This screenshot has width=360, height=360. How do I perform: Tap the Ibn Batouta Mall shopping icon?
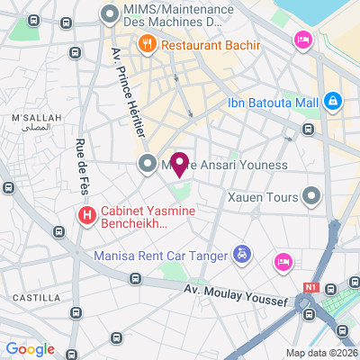tap(333, 102)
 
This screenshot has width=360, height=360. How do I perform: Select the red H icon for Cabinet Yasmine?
tap(86, 215)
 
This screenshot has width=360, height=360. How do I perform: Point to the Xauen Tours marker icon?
tap(312, 195)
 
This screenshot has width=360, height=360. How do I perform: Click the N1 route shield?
tap(311, 287)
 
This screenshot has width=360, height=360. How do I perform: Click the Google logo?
tap(30, 349)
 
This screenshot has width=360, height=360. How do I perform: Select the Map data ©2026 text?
tap(321, 352)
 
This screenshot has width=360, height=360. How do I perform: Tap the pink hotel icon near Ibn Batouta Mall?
tap(302, 40)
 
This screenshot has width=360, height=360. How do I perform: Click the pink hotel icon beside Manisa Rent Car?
tap(283, 261)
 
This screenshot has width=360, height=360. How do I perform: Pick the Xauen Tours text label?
tap(263, 195)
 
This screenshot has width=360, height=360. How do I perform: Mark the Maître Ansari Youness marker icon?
tap(147, 164)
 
